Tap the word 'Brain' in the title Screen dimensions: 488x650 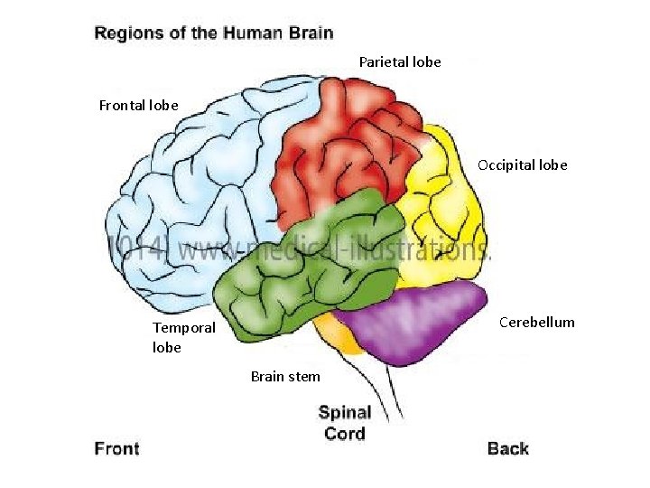311,34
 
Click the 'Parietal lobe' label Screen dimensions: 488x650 400,62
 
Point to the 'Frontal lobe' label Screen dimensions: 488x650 138,106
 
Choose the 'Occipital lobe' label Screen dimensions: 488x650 523,165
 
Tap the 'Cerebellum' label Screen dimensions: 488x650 538,323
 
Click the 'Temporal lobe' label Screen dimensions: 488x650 184,337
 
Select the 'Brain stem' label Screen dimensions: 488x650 285,376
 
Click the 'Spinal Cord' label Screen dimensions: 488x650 345,423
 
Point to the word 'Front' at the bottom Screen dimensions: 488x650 117,449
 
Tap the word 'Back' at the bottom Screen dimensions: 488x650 508,449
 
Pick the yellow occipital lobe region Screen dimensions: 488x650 442,217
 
